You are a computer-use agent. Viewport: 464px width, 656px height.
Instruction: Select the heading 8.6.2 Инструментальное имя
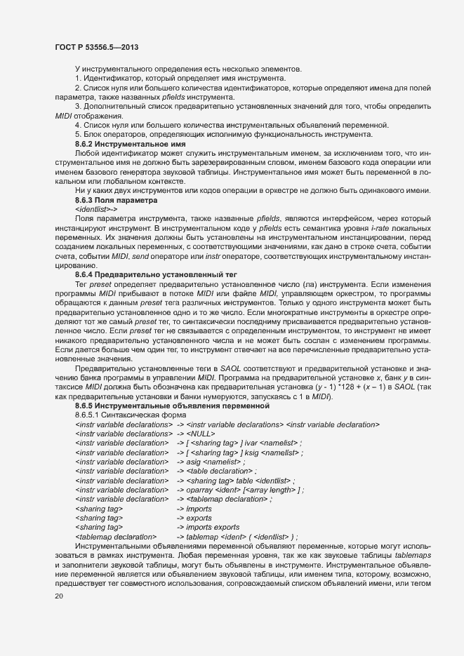130,143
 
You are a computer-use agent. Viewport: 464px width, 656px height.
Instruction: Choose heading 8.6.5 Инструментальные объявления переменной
168,406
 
